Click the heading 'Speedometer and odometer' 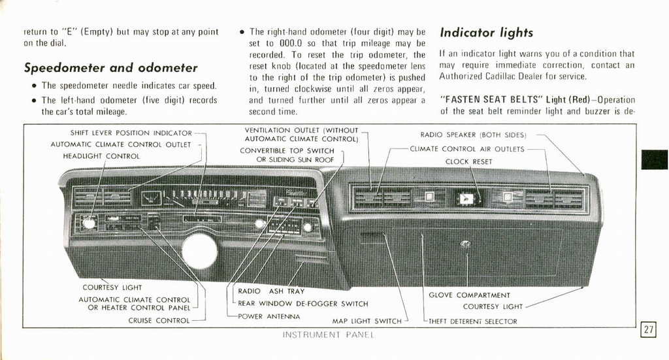pyautogui.click(x=110, y=68)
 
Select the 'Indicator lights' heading pyautogui.click(x=486, y=33)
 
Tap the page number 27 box pyautogui.click(x=648, y=330)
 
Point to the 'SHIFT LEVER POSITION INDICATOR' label pyautogui.click(x=131, y=133)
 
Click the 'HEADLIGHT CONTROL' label pyautogui.click(x=101, y=156)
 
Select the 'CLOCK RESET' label pyautogui.click(x=468, y=161)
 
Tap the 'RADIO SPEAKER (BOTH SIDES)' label pyautogui.click(x=473, y=135)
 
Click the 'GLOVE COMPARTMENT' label pyautogui.click(x=469, y=295)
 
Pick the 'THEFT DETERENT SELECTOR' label pyautogui.click(x=474, y=321)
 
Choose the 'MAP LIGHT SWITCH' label pyautogui.click(x=367, y=321)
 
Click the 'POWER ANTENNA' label pyautogui.click(x=269, y=316)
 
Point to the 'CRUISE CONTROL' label pyautogui.click(x=159, y=321)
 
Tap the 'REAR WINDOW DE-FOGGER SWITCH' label pyautogui.click(x=302, y=304)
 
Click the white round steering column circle pyautogui.click(x=199, y=252)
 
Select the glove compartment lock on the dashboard pyautogui.click(x=465, y=244)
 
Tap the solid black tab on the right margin pyautogui.click(x=654, y=159)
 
